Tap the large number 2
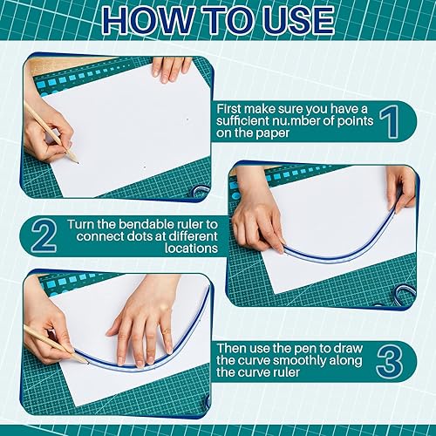(44, 236)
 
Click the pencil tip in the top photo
(76, 161)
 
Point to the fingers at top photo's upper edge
(171, 67)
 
